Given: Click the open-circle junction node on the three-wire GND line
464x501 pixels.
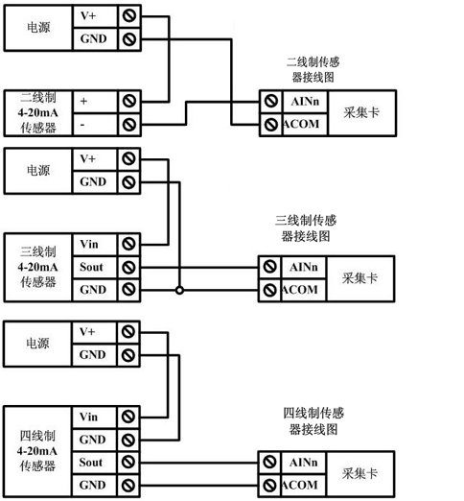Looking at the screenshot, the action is [x=179, y=291].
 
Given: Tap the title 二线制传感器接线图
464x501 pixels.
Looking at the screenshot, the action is [x=313, y=69].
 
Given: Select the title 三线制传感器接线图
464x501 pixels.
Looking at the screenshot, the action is [x=306, y=228].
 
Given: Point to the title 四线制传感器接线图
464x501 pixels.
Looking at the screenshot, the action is [x=313, y=421].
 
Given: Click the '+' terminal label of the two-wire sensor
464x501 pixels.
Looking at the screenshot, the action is [x=83, y=101].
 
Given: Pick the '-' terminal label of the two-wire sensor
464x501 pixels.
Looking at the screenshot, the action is [x=82, y=125].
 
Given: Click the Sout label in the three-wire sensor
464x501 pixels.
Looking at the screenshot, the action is [x=91, y=267].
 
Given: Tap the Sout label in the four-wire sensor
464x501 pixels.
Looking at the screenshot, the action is [x=91, y=462].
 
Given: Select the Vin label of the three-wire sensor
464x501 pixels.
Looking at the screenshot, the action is [x=89, y=244].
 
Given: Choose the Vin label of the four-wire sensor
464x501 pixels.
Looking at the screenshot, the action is [x=88, y=417].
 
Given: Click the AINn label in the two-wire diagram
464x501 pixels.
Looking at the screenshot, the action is [x=305, y=102].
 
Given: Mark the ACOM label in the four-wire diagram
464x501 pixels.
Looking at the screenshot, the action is [x=300, y=485].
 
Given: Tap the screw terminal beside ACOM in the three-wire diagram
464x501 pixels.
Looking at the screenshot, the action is [x=269, y=290].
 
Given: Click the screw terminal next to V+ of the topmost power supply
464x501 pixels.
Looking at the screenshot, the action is [x=129, y=15].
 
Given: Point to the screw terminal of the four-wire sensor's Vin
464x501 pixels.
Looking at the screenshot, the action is [x=128, y=417].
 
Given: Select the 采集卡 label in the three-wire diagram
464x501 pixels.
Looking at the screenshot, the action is [x=360, y=278].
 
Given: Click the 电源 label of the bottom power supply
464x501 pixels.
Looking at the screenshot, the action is [x=37, y=344].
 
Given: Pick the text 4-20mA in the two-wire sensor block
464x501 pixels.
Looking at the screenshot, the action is [x=37, y=112].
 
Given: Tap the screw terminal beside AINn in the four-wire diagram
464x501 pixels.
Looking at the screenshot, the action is [x=269, y=462].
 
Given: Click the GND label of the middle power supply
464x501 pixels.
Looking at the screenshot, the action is [x=93, y=181].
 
